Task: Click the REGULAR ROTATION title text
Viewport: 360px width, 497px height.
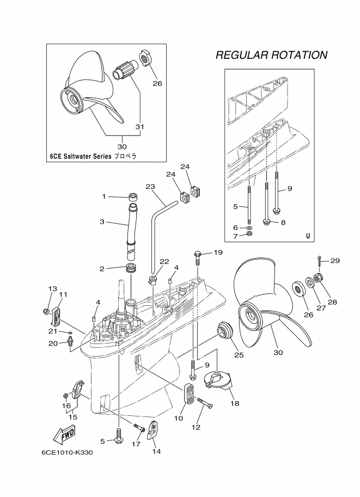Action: pos(271,55)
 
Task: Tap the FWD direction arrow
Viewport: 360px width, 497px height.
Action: pos(64,434)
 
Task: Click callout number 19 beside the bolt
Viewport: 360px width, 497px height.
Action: pos(218,253)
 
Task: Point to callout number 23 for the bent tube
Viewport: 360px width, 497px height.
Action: pos(151,187)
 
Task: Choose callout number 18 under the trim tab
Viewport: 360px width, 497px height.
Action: pos(235,403)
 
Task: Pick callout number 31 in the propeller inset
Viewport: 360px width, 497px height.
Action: pos(140,126)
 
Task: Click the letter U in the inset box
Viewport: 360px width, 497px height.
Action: pos(308,236)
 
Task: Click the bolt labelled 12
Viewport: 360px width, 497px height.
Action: pos(204,403)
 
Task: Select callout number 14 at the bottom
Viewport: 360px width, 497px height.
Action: pos(156,451)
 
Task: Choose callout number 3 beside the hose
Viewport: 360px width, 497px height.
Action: pos(102,222)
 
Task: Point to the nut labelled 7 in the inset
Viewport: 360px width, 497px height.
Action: pos(249,234)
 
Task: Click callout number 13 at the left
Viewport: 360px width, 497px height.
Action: pos(53,289)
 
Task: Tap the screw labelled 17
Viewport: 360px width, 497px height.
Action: pos(139,429)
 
